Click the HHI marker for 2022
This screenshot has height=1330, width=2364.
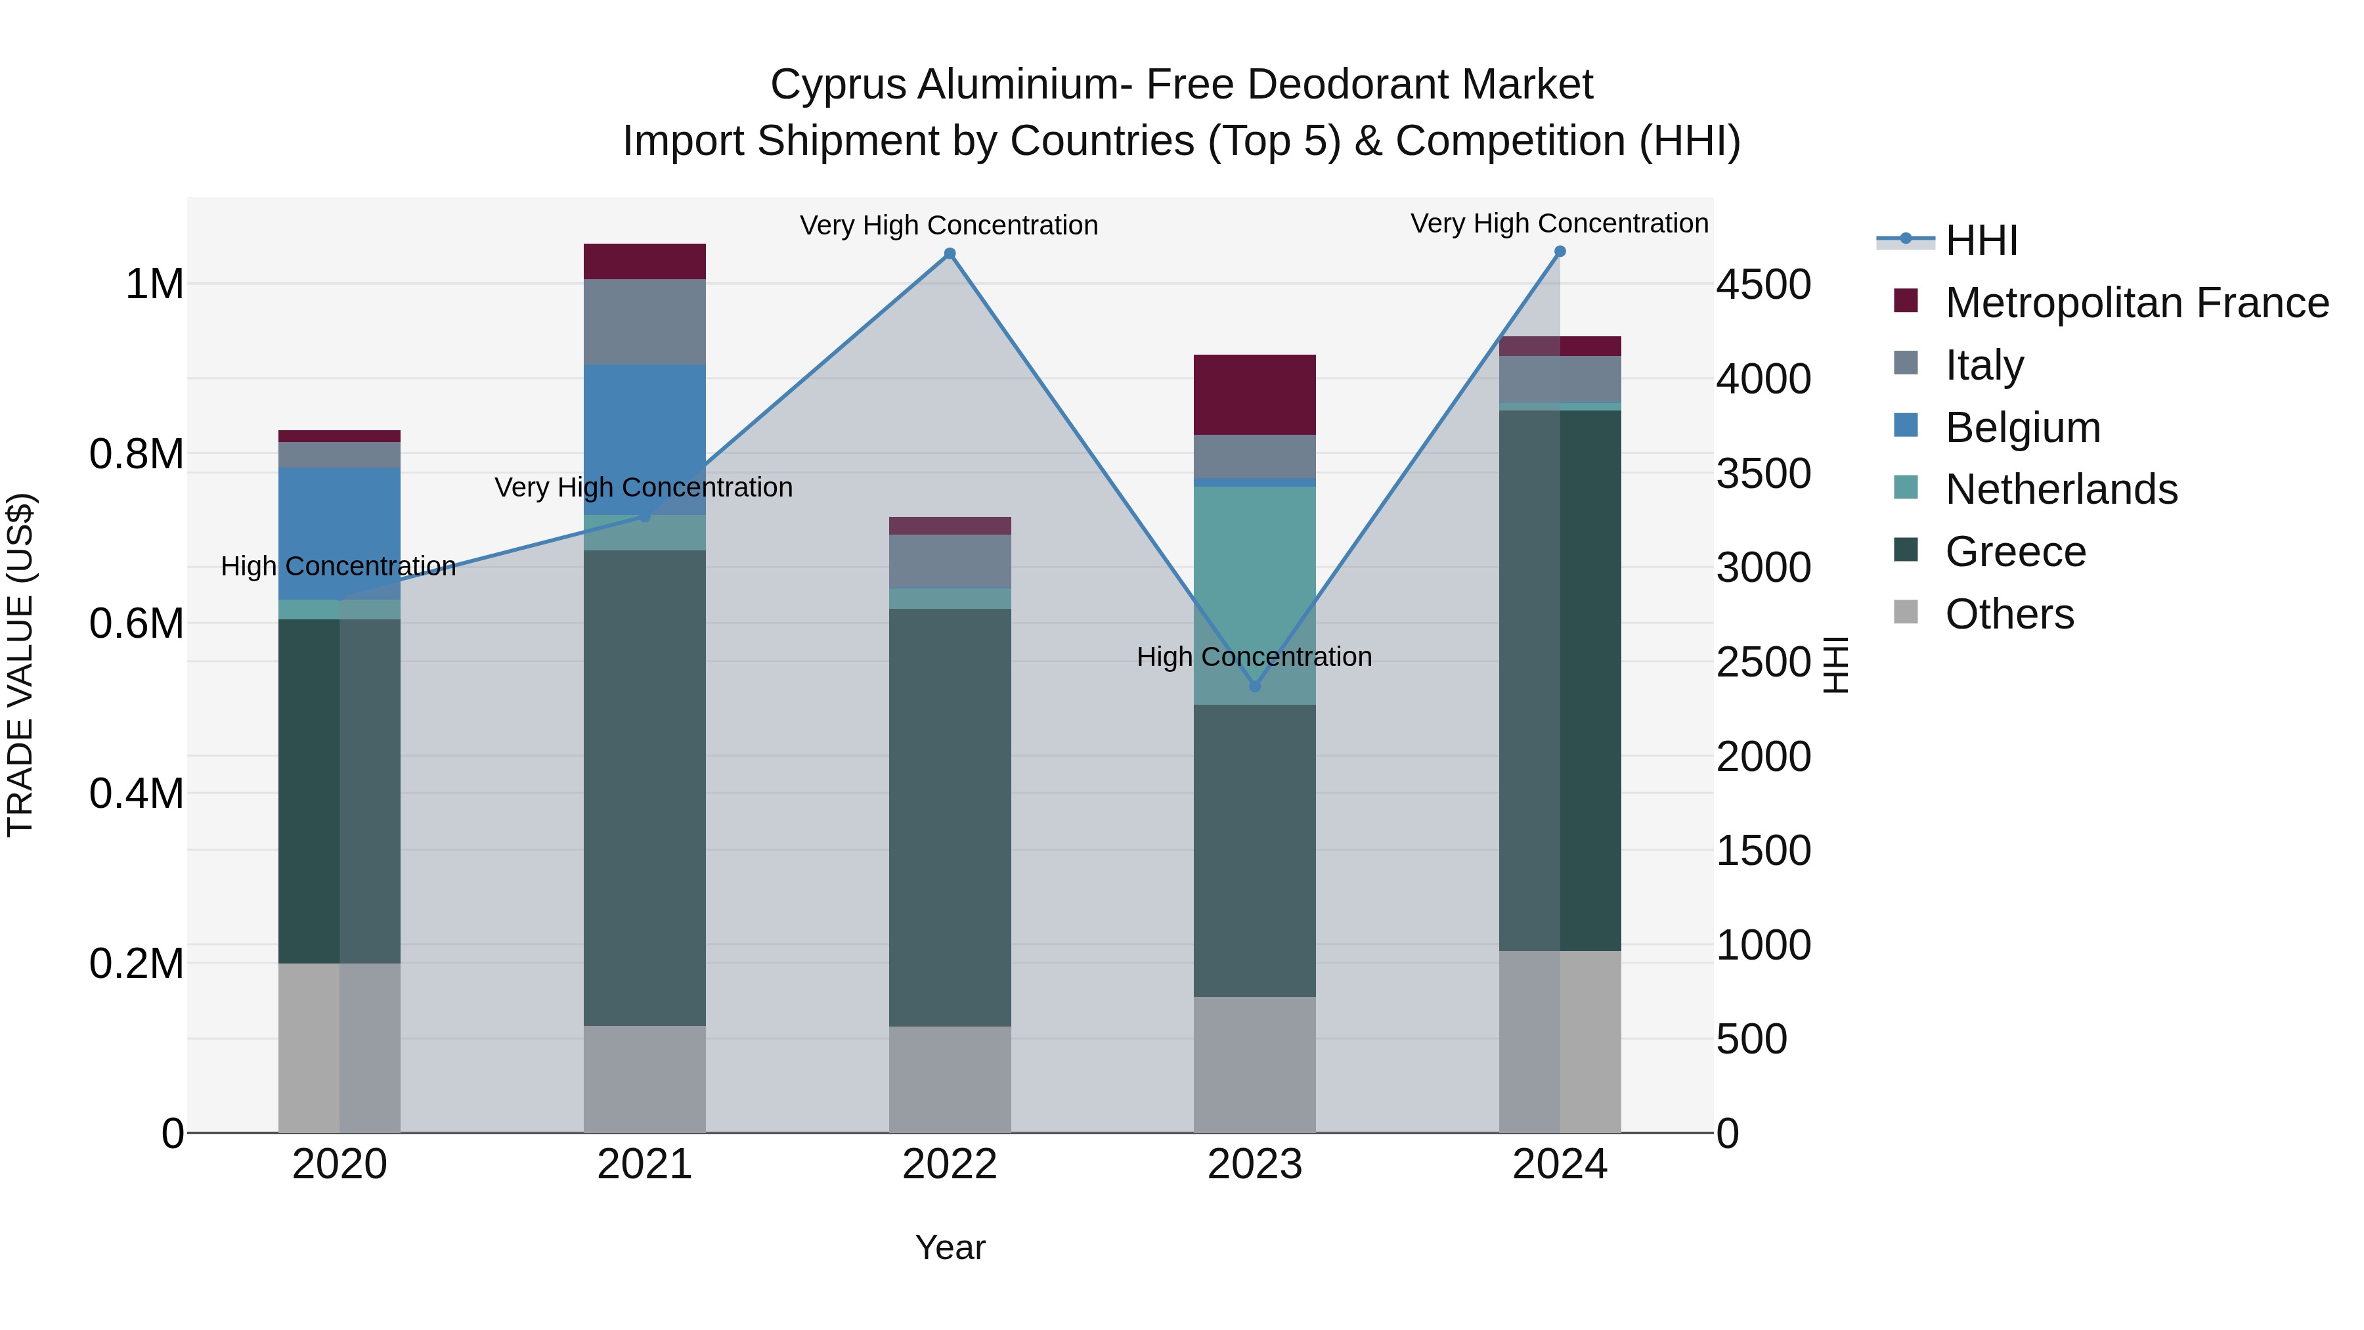(x=950, y=254)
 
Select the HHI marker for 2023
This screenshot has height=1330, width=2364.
(x=1256, y=686)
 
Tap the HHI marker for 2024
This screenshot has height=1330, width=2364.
(x=1560, y=252)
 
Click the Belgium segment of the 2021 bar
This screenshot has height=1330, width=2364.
(x=644, y=439)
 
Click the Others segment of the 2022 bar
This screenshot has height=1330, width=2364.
(x=950, y=1078)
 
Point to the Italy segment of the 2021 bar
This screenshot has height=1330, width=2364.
(x=644, y=321)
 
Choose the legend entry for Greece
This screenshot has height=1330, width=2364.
(x=2015, y=552)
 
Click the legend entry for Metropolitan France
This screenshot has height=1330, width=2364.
(x=2136, y=303)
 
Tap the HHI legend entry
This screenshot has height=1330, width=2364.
(x=1981, y=240)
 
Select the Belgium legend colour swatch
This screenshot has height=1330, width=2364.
(x=1906, y=426)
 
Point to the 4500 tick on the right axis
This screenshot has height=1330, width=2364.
(x=1764, y=284)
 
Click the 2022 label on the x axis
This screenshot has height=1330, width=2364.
(x=950, y=1164)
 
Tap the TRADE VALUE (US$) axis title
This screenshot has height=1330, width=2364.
(x=20, y=665)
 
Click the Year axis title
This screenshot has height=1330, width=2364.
(x=950, y=1247)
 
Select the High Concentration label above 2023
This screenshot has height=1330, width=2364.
(x=1254, y=657)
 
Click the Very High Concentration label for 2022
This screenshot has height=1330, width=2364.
(x=949, y=226)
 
